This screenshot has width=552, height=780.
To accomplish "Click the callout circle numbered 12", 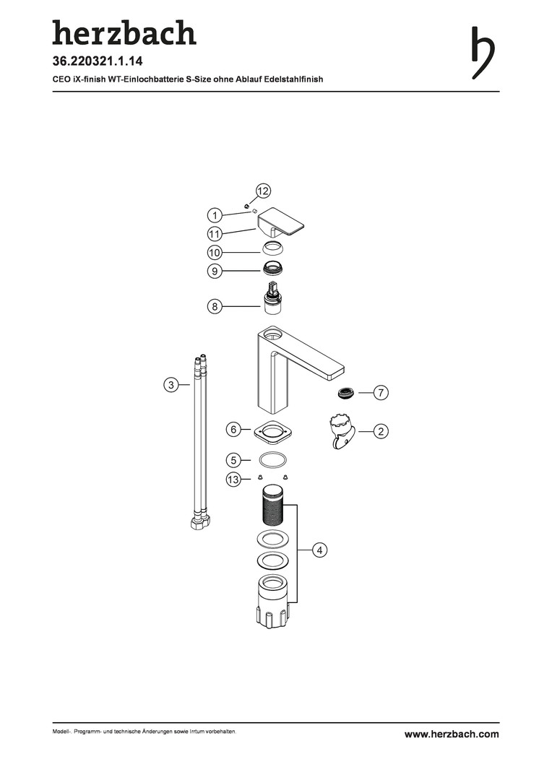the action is pos(263,191).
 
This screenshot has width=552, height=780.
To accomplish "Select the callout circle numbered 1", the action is pos(215,215).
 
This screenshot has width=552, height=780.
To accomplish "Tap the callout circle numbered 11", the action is pos(215,234).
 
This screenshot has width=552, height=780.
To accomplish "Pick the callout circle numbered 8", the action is pos(215,306).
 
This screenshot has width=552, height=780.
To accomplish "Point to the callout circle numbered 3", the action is pos(171,385).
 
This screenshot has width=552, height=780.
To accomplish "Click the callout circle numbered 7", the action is pos(381,392).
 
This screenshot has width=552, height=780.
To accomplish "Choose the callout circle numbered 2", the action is pos(381,431).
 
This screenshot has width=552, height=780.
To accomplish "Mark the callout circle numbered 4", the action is pos(319,550).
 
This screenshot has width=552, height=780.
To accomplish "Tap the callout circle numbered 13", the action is pos(233,480).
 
